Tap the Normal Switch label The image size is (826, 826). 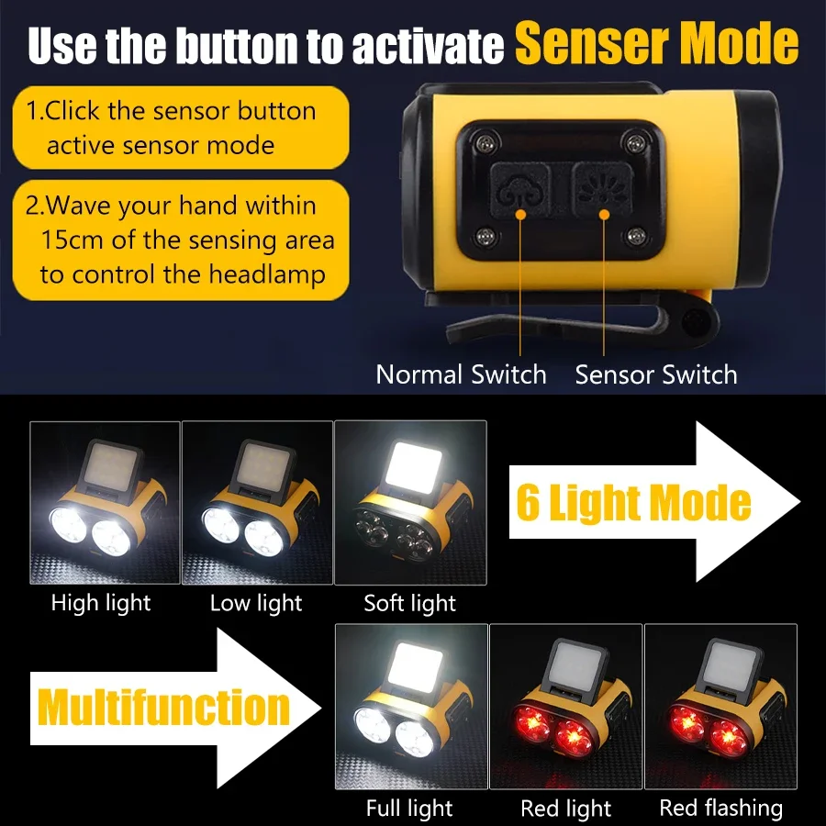(461, 374)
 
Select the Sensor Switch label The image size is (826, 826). (655, 374)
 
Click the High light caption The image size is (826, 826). (101, 603)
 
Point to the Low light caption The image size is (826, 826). (256, 603)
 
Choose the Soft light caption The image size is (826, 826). (409, 603)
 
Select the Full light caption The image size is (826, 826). (409, 809)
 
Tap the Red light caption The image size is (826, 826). (565, 809)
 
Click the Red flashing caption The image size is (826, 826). (721, 809)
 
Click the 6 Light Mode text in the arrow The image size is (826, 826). (633, 502)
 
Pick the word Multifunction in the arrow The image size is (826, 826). (163, 708)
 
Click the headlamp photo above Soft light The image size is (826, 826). (410, 502)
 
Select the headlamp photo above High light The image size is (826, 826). (105, 502)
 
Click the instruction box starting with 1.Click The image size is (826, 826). (181, 128)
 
